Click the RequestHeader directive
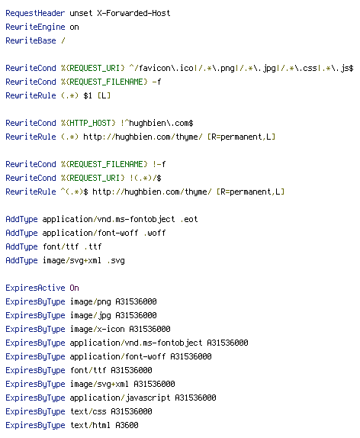(35, 13)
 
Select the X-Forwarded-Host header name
(133, 13)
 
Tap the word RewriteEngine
(35, 27)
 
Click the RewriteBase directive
(31, 40)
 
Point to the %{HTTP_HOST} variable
(88, 123)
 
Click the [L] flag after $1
(104, 95)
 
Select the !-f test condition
(159, 164)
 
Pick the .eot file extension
(189, 219)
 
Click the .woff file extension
(154, 233)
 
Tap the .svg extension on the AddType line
(116, 260)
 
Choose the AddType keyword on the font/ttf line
(21, 246)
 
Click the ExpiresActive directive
(35, 288)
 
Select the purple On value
(74, 288)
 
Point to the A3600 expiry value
(127, 425)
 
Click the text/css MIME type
(88, 411)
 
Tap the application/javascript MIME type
(120, 398)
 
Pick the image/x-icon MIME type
(97, 329)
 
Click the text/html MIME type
(90, 425)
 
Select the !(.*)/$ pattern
(145, 178)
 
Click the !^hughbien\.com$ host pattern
(156, 123)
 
